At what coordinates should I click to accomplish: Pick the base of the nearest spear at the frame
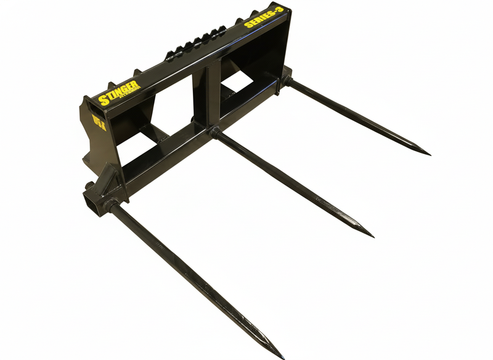pos(112,206)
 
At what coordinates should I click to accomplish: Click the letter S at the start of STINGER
pos(102,99)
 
